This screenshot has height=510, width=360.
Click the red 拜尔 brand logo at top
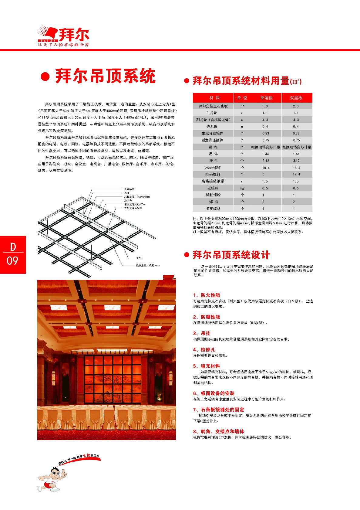(x=64, y=34)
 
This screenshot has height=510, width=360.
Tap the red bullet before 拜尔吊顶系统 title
(x=45, y=77)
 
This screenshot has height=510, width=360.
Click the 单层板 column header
(x=266, y=98)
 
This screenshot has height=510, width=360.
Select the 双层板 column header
(x=296, y=98)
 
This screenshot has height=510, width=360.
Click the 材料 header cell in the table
(x=214, y=98)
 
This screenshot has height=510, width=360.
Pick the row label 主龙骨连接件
(x=212, y=133)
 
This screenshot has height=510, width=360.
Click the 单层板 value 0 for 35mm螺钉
(x=263, y=174)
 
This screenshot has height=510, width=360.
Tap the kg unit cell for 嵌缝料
(x=242, y=188)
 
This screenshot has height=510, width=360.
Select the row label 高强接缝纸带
(x=213, y=181)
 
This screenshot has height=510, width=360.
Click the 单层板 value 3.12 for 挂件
(x=266, y=161)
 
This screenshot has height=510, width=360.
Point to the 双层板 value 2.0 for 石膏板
(x=296, y=106)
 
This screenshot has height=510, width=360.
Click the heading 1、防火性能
(x=206, y=295)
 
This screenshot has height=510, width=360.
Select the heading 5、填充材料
(x=206, y=366)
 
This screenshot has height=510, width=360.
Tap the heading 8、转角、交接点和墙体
(x=218, y=431)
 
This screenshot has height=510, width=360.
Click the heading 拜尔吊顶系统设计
(x=231, y=255)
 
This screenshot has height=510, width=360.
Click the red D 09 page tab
(x=13, y=254)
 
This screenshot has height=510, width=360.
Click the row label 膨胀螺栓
(x=213, y=195)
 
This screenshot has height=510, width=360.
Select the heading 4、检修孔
(x=204, y=350)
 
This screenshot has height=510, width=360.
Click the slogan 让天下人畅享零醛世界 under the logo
(x=63, y=45)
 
